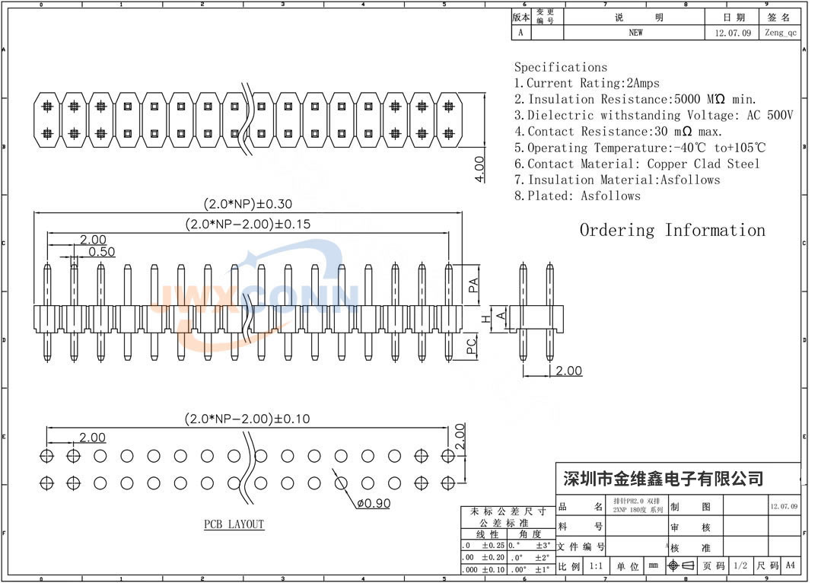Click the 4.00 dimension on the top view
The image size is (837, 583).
[479, 168]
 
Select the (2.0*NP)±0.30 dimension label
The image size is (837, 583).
[247, 204]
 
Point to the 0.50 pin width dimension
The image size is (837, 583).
[102, 252]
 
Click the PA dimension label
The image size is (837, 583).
[473, 285]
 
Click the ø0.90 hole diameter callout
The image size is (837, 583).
[373, 503]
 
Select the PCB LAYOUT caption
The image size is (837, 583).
[234, 524]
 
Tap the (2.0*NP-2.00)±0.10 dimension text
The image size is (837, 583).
[247, 419]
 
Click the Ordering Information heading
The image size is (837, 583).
[672, 230]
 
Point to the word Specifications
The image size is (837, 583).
[561, 67]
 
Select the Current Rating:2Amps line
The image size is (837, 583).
[587, 83]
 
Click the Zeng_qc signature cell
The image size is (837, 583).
[781, 33]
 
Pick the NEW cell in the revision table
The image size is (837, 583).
[635, 33]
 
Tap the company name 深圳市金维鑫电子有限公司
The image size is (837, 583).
[662, 479]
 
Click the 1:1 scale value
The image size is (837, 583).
[596, 566]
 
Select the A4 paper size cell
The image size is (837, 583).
[790, 565]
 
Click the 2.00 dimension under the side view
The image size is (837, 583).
[568, 371]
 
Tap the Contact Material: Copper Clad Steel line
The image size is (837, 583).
[643, 164]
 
